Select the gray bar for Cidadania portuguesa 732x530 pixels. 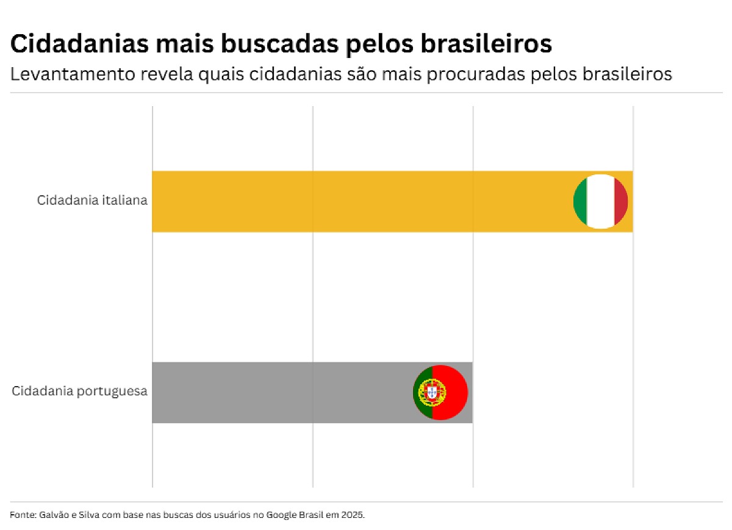coord(281,392)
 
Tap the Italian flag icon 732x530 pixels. coord(600,201)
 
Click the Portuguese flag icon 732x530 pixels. coord(440,392)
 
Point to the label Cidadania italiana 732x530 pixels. coord(92,200)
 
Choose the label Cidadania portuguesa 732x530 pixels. coord(79,391)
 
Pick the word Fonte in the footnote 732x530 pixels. coord(21,515)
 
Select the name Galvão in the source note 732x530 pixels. coord(54,515)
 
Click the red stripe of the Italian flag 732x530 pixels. coord(621,201)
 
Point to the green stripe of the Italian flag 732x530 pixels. coord(580,201)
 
